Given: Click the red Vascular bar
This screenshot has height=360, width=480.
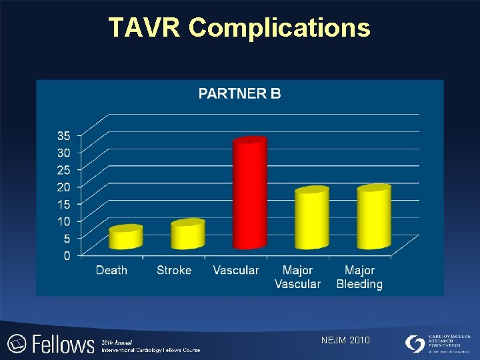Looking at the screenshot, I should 249,194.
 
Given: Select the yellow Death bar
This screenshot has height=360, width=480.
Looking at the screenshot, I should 126,237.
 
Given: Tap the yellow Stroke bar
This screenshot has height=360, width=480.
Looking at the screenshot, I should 187,235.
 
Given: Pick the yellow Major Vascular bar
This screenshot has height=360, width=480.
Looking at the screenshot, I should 312,219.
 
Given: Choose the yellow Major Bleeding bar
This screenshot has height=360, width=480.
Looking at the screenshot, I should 373,217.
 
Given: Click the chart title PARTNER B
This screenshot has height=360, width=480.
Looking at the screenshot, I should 240,93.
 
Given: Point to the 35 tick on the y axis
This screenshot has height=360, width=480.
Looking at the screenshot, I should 64,135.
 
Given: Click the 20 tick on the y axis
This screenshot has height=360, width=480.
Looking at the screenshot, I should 64,187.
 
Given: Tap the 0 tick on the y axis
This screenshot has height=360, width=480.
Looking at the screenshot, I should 67,255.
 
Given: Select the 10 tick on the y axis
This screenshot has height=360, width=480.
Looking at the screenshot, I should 64,221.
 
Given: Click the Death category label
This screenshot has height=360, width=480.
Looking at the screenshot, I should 111,270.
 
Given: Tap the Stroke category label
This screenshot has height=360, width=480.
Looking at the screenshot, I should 174,270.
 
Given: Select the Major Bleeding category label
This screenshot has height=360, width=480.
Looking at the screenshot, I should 359,277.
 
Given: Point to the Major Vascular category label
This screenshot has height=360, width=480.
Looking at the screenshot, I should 297,277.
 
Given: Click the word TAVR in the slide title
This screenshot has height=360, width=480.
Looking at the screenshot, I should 145,27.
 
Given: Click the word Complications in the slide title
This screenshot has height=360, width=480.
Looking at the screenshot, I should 279,27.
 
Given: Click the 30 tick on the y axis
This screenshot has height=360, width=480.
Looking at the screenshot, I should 64,153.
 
